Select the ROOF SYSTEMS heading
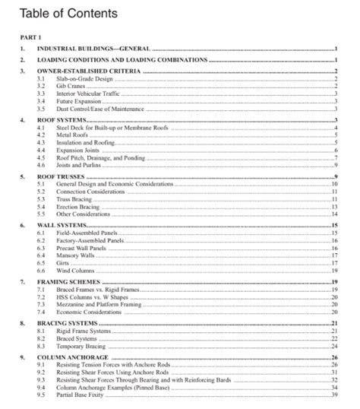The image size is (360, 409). [62, 121]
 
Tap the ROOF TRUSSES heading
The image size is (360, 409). [62, 176]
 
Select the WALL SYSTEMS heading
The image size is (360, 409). [62, 226]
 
